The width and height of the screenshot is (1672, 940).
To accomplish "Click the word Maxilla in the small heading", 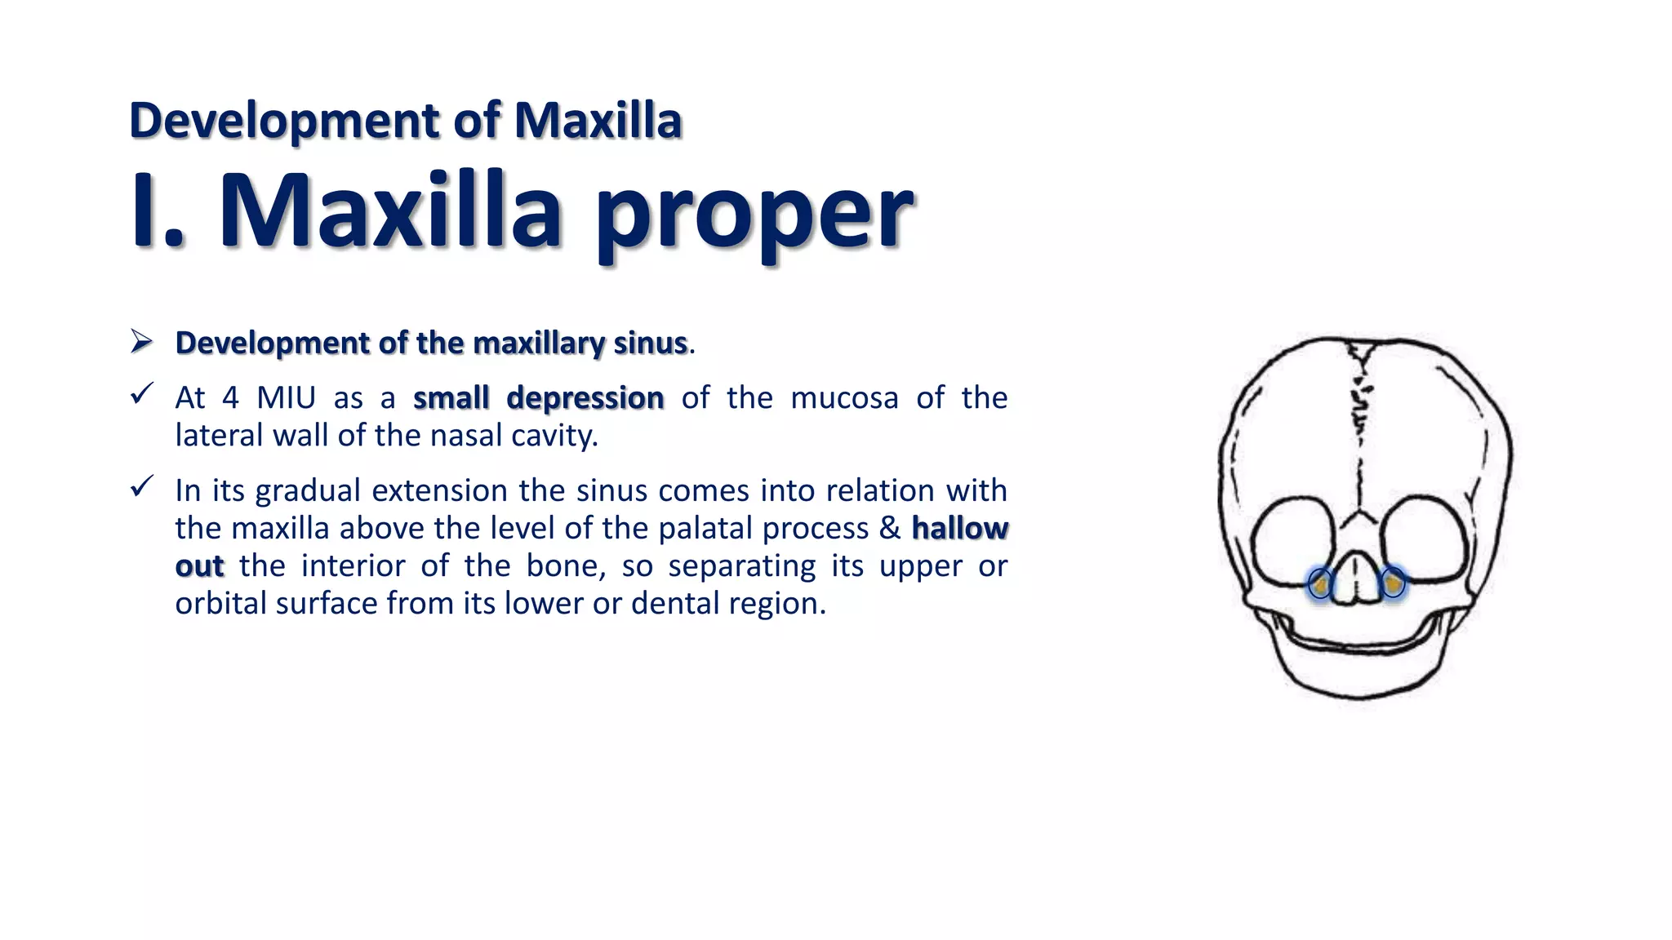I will pyautogui.click(x=598, y=121).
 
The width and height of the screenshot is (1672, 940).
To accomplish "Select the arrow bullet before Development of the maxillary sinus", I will pyautogui.click(x=141, y=342).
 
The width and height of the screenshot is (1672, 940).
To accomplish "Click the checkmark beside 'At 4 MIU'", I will pyautogui.click(x=141, y=395).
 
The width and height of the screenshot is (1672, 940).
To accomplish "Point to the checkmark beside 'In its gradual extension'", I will pyautogui.click(x=141, y=487).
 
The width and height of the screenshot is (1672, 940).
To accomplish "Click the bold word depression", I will pyautogui.click(x=585, y=398).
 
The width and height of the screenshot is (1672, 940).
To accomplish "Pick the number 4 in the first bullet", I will pyautogui.click(x=231, y=398).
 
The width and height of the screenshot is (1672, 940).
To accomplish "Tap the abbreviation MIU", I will pyautogui.click(x=286, y=398).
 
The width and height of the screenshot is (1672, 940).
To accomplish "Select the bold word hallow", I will pyautogui.click(x=959, y=528).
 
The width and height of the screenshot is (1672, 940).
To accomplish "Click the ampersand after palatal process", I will pyautogui.click(x=889, y=528).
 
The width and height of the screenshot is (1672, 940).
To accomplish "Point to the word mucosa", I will pyautogui.click(x=844, y=398).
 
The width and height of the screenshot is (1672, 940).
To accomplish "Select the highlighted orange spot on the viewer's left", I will pyautogui.click(x=1319, y=584).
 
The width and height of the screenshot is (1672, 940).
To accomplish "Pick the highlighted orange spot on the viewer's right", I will pyautogui.click(x=1393, y=584).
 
